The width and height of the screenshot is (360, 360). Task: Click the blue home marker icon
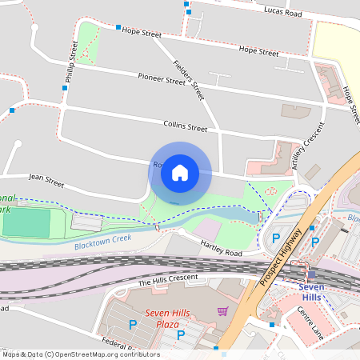pos(180,172)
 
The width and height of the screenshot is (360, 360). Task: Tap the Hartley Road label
pos(221,251)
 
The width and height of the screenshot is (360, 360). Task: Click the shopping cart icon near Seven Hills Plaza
pos(222,310)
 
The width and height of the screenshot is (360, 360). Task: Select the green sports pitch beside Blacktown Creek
pos(26,223)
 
